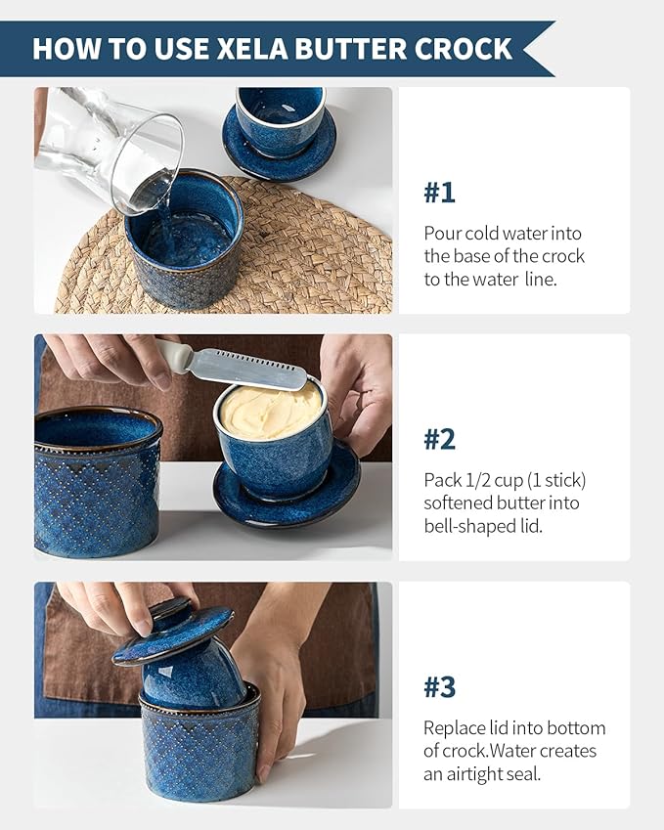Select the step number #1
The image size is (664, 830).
(439, 193)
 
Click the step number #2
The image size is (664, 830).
(439, 439)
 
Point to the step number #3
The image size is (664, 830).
(439, 687)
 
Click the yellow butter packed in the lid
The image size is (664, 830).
(269, 412)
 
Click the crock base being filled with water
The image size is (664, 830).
(184, 240)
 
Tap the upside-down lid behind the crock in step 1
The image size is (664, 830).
(280, 132)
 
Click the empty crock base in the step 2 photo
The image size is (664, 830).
(97, 482)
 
